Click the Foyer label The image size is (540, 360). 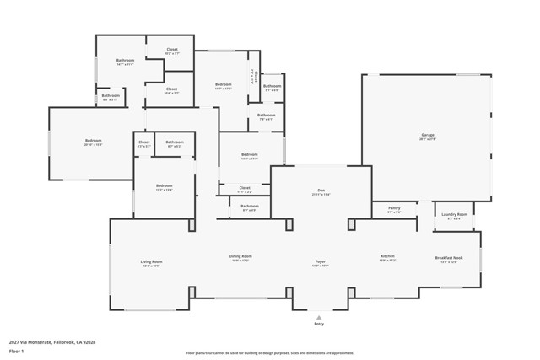coord(321,262)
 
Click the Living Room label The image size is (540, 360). coord(151,262)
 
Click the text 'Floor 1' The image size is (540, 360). coord(16,350)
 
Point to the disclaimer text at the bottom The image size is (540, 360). coord(270,353)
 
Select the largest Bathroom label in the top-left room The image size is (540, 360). coord(125,61)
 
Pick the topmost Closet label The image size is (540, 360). coord(171,50)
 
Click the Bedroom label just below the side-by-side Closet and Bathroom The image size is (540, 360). coord(164,186)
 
